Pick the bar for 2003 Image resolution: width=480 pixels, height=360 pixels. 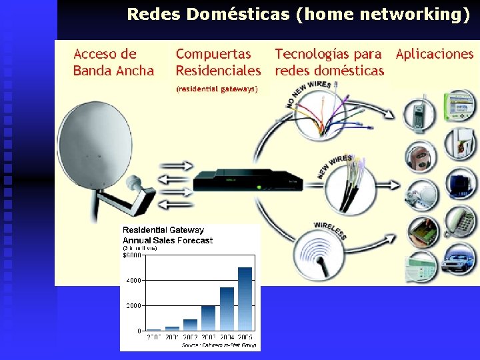pyautogui.click(x=208, y=317)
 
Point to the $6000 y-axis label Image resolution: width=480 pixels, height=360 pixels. pyautogui.click(x=131, y=255)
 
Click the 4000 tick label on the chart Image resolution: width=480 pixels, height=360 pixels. pyautogui.click(x=133, y=281)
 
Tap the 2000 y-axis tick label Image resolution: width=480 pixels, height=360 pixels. pyautogui.click(x=133, y=305)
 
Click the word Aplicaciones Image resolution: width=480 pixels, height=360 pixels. pyautogui.click(x=434, y=55)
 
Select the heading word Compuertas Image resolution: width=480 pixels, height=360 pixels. pyautogui.click(x=213, y=55)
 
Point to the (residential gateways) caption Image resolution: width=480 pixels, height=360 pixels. pyautogui.click(x=217, y=88)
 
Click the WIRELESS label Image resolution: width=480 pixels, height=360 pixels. pyautogui.click(x=329, y=230)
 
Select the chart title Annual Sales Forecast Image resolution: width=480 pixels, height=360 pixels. pyautogui.click(x=167, y=241)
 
